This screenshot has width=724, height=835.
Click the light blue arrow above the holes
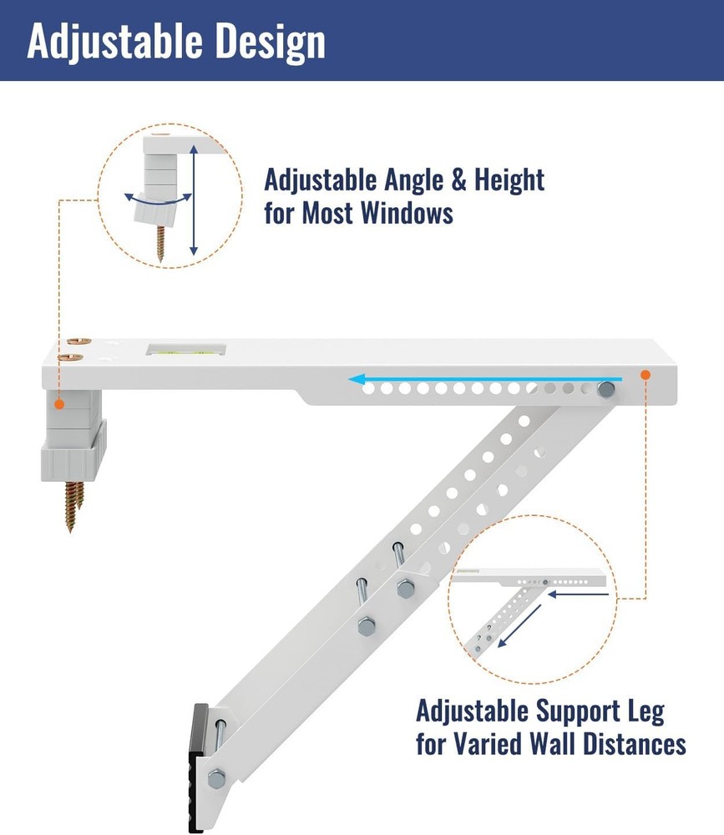click(468, 379)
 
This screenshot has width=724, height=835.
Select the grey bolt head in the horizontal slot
click(606, 389)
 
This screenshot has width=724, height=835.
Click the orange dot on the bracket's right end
click(646, 376)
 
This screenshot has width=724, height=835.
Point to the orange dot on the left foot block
click(60, 405)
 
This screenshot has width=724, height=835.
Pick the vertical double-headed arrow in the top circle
click(194, 199)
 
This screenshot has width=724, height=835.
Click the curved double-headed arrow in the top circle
click(155, 199)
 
